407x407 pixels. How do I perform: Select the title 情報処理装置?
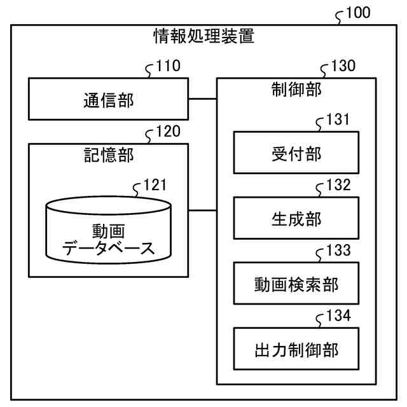tap(203, 36)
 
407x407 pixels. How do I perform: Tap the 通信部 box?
tap(109, 100)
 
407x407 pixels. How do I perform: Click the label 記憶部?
tap(109, 156)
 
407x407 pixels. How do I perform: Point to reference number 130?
tap(342, 66)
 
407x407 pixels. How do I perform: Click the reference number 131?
tap(337, 121)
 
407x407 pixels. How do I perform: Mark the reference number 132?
tap(337, 186)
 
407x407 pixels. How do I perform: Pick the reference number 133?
tap(337, 251)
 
